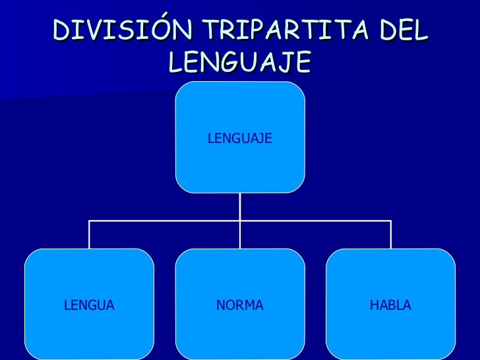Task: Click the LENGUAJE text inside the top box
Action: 239,138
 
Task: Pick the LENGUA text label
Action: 89,305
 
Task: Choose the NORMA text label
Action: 240,305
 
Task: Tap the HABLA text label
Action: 390,305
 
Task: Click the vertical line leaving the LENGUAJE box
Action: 240,206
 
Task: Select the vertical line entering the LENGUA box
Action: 90,235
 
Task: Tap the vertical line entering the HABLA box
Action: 391,235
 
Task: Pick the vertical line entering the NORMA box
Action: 240,235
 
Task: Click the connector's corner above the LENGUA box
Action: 90,221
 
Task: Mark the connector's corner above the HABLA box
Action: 391,221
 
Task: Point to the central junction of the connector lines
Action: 240,221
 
